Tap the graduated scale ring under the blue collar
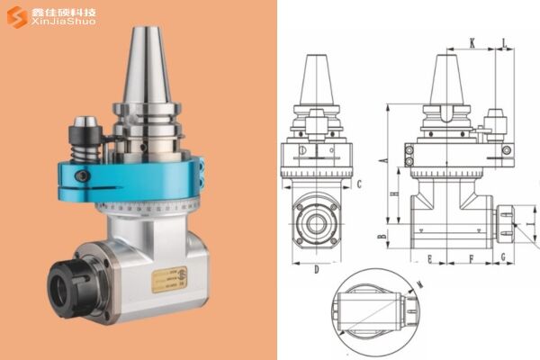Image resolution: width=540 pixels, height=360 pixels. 153,206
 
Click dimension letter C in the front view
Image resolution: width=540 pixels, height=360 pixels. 358,184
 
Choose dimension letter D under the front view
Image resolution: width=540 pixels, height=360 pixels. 317,268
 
